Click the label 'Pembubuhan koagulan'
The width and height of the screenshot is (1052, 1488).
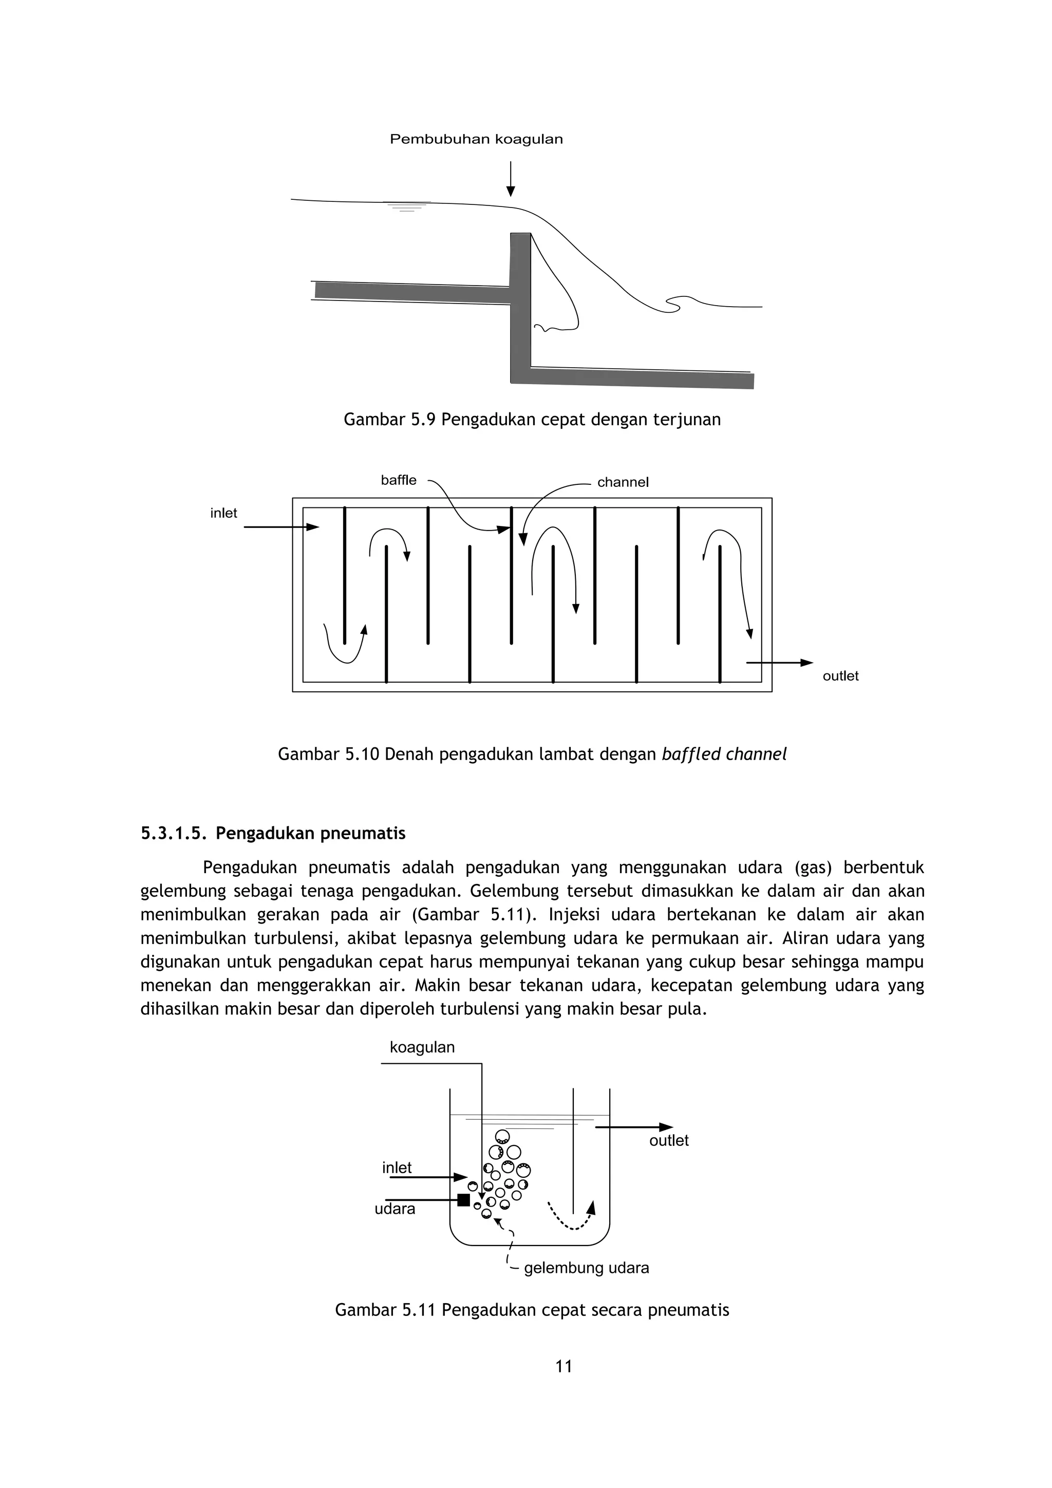click(476, 139)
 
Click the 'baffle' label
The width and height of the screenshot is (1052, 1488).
click(399, 480)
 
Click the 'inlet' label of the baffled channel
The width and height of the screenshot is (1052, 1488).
click(223, 513)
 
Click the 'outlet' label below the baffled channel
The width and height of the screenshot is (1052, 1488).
click(840, 676)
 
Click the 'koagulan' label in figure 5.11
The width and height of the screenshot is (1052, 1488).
click(422, 1047)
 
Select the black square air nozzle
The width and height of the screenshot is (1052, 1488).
click(463, 1200)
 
